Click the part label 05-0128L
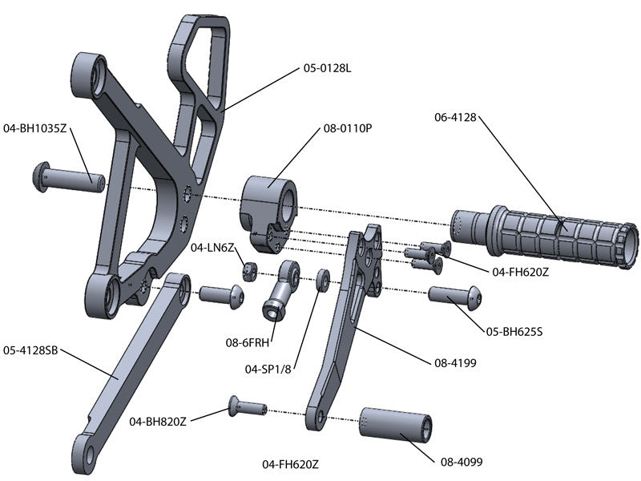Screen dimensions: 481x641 pyautogui.click(x=328, y=68)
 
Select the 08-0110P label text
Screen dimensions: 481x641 pyautogui.click(x=348, y=127)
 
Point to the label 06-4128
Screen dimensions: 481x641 pyautogui.click(x=455, y=117)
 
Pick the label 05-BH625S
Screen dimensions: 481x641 pyautogui.click(x=515, y=330)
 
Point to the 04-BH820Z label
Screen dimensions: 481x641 pyautogui.click(x=159, y=420)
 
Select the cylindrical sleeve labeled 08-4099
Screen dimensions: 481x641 pyautogui.click(x=397, y=424)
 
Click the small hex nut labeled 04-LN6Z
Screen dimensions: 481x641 pyautogui.click(x=249, y=270)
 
